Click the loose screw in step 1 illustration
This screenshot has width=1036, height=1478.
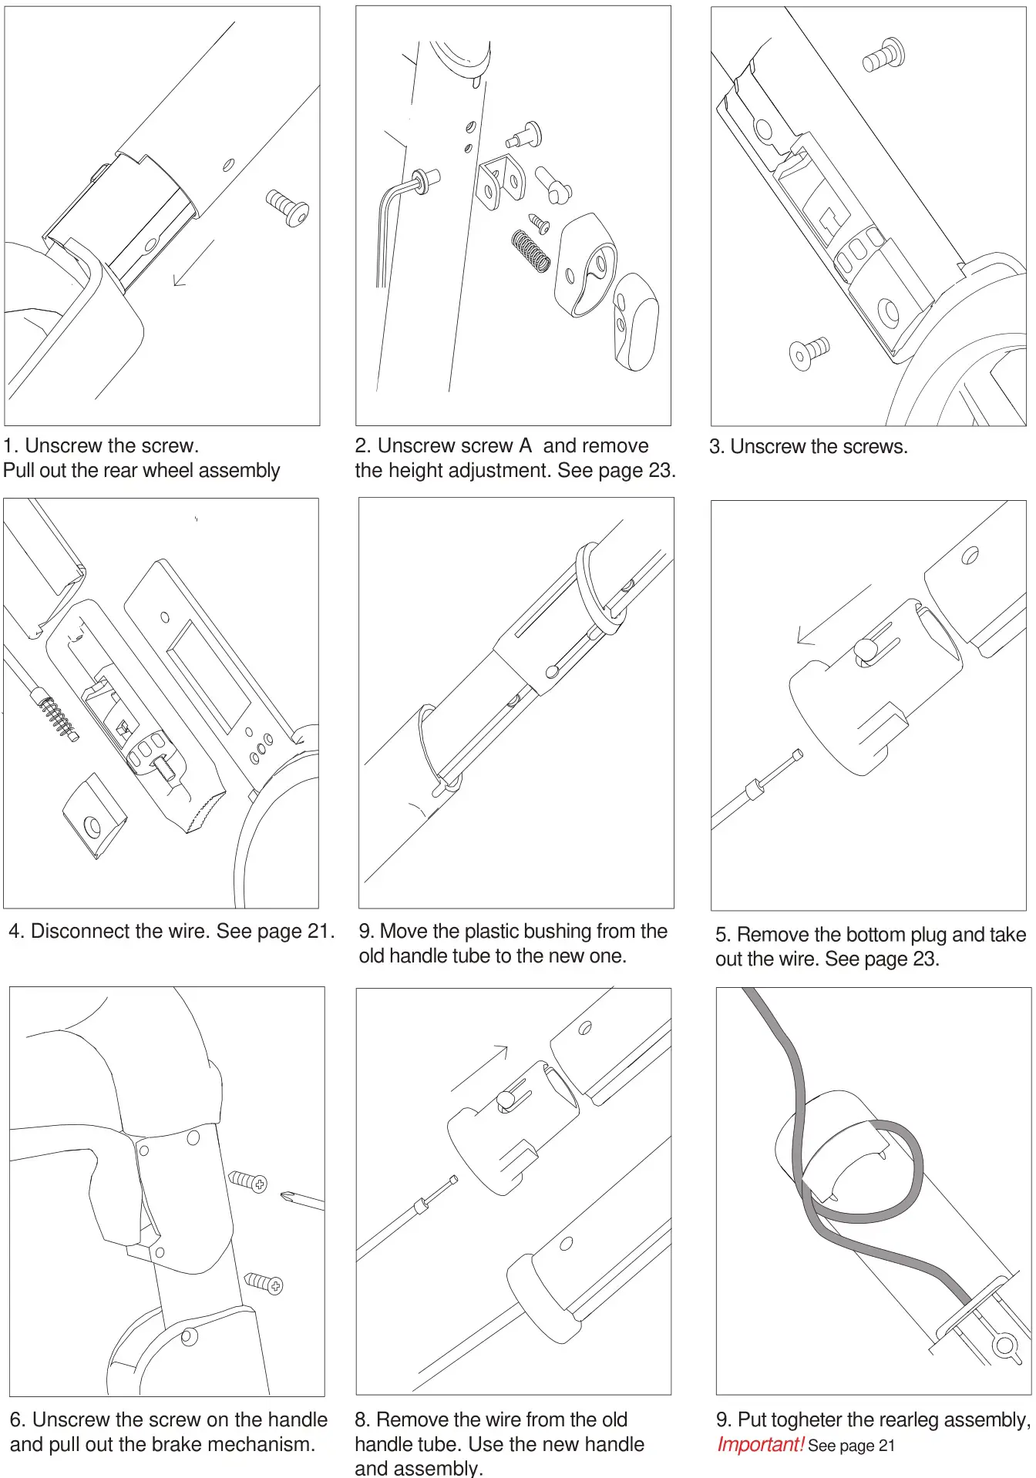pos(288,207)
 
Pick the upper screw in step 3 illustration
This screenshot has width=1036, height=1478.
pos(884,55)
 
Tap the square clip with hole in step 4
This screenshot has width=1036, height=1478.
pos(94,816)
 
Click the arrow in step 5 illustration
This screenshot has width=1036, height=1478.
pos(832,614)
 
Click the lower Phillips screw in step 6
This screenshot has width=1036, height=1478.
pos(264,1282)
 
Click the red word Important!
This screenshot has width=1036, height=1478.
pos(760,1445)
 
